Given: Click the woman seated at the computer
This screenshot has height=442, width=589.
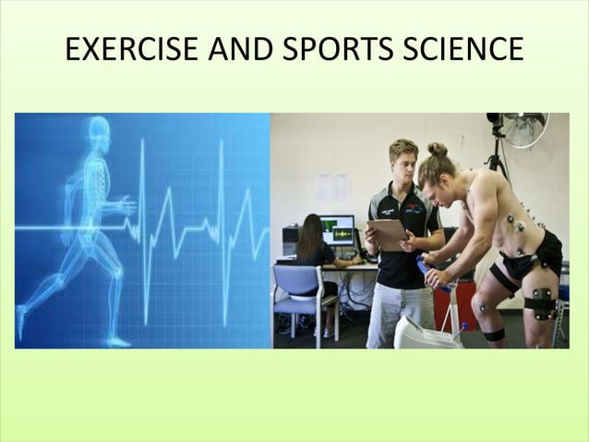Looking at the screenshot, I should click(314, 250).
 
